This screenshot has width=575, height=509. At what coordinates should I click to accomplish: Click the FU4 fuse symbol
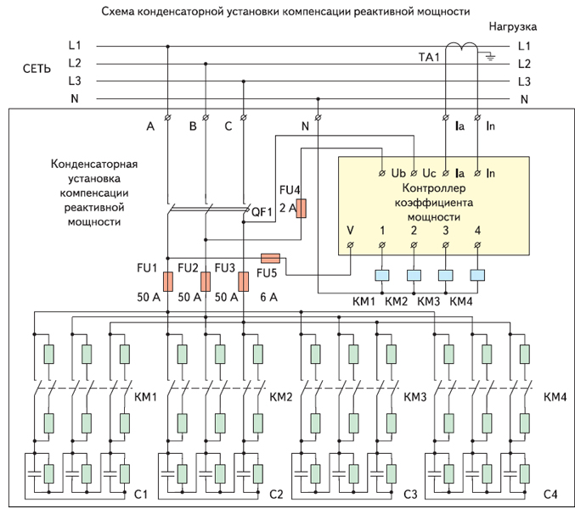coord(301,209)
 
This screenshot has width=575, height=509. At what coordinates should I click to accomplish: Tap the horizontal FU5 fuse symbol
coord(270,257)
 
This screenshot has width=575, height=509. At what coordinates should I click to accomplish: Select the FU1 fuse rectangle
coord(168,282)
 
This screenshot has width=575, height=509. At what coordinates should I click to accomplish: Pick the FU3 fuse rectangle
coord(243,282)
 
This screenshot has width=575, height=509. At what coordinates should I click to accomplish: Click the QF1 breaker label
coord(260,212)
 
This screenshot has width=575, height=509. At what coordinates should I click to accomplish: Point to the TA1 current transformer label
coord(429,56)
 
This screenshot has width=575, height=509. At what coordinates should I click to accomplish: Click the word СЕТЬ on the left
coord(37,66)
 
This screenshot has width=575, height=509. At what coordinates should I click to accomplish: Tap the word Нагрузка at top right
coord(512,27)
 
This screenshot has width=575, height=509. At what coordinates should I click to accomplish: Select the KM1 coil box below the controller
coord(381,275)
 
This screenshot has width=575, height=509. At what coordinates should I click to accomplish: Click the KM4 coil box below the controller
coord(477,275)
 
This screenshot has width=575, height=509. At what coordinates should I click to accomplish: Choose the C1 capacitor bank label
coord(141,494)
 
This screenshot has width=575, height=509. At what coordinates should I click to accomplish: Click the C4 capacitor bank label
coord(551,494)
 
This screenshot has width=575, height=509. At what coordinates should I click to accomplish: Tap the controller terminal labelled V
coord(351,230)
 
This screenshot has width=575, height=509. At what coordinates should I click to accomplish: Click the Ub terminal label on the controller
coord(398,173)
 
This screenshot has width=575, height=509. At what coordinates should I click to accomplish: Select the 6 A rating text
coord(269,298)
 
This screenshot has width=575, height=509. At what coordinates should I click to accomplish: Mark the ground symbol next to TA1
coord(488,58)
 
